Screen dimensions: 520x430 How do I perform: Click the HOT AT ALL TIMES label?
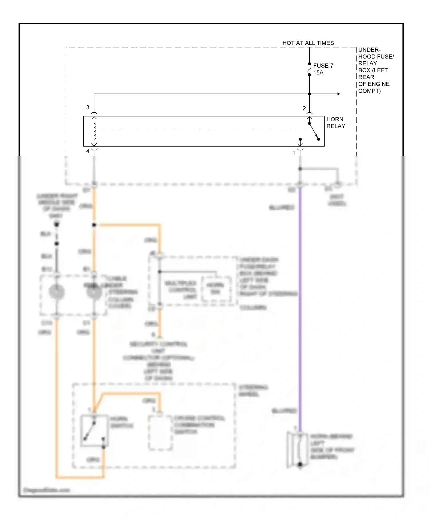(x=308, y=43)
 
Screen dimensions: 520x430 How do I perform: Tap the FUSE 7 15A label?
(x=323, y=69)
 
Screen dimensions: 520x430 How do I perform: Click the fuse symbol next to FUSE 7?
(x=309, y=69)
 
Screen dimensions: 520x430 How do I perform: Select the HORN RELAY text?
(x=335, y=123)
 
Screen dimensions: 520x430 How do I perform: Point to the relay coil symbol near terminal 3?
(x=94, y=131)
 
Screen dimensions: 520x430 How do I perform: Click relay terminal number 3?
(x=88, y=107)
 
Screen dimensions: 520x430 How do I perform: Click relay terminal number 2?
(x=304, y=108)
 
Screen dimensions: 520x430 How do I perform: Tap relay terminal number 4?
(x=88, y=151)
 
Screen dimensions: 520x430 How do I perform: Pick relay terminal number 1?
(x=294, y=153)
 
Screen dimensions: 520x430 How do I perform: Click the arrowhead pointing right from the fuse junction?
(x=339, y=94)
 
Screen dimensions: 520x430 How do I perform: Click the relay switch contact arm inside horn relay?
(x=314, y=132)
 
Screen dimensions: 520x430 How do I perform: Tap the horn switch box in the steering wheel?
(x=94, y=431)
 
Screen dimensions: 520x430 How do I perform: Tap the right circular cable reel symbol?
(x=94, y=292)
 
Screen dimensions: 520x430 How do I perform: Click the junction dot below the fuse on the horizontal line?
(x=309, y=94)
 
